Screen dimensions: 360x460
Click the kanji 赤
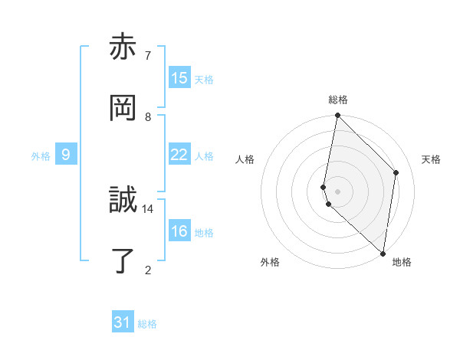123,47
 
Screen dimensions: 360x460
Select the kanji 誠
123,201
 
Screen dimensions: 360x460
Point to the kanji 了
123,260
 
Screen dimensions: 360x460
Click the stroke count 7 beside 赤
148,56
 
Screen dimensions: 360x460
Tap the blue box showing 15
179,78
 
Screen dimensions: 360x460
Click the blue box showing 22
179,155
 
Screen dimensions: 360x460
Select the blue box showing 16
179,231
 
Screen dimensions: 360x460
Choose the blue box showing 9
66,155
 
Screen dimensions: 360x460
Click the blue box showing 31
123,322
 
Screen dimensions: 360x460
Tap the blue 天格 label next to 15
204,80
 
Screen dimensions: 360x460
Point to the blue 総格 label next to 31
147,324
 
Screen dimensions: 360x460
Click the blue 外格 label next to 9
41,156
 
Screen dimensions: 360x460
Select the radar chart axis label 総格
338,100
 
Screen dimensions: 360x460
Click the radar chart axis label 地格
402,263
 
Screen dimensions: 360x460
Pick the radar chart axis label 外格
270,263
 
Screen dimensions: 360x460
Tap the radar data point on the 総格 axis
337,116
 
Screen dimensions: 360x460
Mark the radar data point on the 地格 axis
383,253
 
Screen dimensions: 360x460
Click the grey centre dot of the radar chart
337,191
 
